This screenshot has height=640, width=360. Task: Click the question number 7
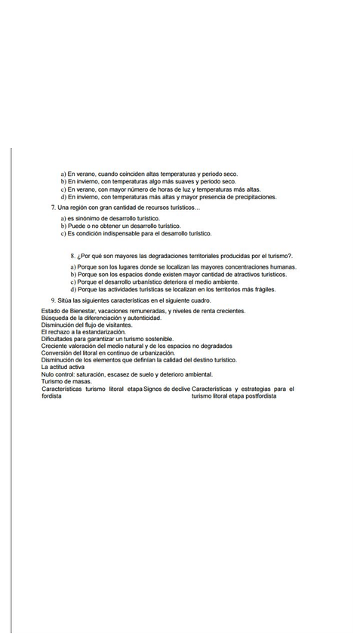(53, 207)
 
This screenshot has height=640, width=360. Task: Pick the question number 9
(53, 300)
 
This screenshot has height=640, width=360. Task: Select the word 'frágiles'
(264, 289)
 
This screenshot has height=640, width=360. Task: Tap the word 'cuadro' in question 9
(198, 300)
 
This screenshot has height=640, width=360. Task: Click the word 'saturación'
(92, 374)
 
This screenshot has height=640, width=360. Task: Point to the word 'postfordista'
(258, 395)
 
